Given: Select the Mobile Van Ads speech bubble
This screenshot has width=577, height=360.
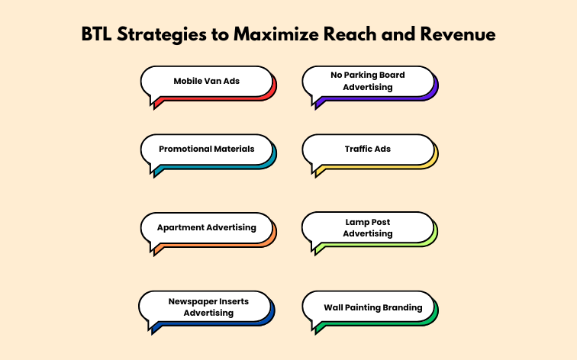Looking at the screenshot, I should pos(206,81).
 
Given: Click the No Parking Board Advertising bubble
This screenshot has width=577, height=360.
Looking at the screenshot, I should pos(368,81).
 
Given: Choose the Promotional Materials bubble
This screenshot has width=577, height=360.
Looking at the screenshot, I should pos(206,149).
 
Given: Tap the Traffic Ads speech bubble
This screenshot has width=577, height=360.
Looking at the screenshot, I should pos(368,149).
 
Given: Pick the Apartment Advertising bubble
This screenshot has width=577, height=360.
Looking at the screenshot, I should pos(206,227).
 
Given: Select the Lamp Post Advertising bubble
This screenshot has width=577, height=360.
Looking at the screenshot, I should pos(368,227).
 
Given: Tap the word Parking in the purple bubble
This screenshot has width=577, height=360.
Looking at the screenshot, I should pos(362,76).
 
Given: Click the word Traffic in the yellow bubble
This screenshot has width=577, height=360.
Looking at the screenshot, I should pos(358,149).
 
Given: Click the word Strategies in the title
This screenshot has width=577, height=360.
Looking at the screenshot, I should pos(164,35).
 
